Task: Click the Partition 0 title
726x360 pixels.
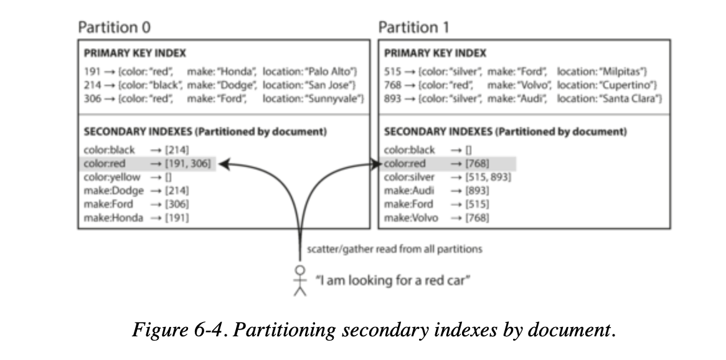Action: (114, 27)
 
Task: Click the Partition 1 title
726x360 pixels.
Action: (413, 27)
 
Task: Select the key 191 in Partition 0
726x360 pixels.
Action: (91, 72)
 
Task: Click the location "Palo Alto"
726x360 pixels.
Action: (332, 72)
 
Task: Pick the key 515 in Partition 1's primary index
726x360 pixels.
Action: (393, 72)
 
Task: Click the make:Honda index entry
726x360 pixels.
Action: (113, 217)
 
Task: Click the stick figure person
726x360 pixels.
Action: (301, 282)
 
